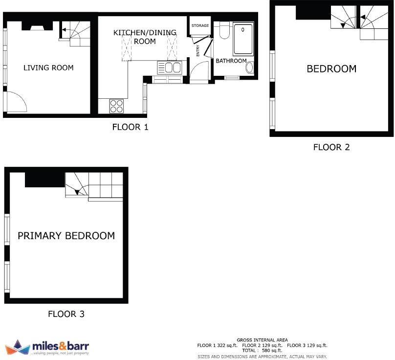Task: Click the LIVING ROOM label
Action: tap(48, 67)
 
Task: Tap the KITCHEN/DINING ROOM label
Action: tap(145, 37)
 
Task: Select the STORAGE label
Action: tap(200, 25)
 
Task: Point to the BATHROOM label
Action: tap(231, 61)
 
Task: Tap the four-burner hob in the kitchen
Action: tap(116, 106)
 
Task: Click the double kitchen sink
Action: tap(169, 67)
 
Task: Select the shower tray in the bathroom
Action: tap(243, 39)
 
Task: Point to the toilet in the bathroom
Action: tap(224, 31)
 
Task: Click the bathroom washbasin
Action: tap(250, 67)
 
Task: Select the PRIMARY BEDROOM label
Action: tap(66, 236)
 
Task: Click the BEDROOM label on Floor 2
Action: tap(331, 69)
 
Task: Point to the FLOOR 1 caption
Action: tap(130, 128)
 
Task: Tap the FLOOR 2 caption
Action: tap(331, 147)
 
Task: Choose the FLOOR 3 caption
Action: tap(66, 314)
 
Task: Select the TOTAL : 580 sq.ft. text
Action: tap(262, 351)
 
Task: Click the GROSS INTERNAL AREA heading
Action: tap(262, 340)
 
